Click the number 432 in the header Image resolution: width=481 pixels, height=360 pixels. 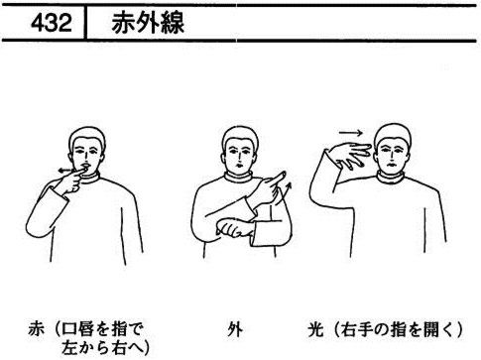click(x=52, y=23)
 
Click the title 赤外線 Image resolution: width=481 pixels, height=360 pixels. click(x=148, y=23)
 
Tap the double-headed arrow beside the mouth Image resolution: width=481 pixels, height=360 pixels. click(x=65, y=171)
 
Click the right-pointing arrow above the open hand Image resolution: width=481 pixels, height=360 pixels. click(x=350, y=133)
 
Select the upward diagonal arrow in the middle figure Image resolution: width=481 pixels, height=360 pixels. click(x=287, y=190)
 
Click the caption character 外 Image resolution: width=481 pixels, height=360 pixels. click(x=235, y=329)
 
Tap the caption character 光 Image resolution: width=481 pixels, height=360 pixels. click(x=315, y=329)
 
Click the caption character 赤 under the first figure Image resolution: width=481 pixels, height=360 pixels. click(x=36, y=329)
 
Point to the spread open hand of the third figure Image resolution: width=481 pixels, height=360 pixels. click(x=351, y=155)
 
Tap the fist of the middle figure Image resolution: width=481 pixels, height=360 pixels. click(x=233, y=228)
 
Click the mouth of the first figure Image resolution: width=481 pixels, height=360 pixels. click(x=85, y=166)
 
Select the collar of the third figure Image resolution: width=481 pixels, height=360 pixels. click(x=391, y=178)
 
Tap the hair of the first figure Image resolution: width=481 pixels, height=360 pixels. click(x=87, y=137)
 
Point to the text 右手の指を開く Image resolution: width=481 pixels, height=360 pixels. click(x=396, y=329)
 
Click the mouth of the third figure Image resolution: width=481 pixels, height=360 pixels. click(x=390, y=165)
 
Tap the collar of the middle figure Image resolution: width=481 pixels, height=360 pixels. click(x=239, y=177)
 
